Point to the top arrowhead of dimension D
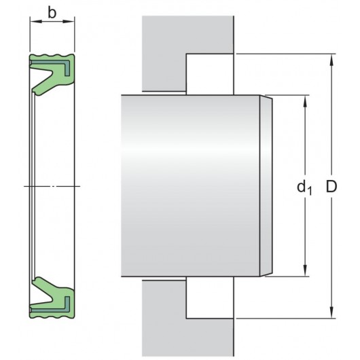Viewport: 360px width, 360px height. [331, 59]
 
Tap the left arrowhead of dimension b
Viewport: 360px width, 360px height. [33, 24]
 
